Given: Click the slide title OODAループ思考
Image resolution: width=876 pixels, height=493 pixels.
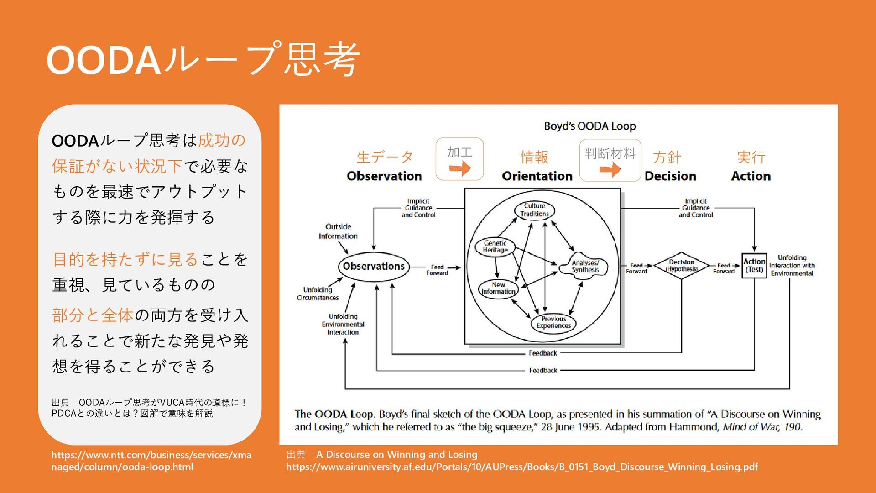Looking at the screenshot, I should (x=203, y=59).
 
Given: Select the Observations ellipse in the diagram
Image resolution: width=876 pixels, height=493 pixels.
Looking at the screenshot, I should (x=374, y=266).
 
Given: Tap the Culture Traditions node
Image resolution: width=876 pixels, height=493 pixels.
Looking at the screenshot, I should (x=535, y=210).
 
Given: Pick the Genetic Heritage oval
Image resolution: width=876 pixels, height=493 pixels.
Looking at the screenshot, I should (x=495, y=246).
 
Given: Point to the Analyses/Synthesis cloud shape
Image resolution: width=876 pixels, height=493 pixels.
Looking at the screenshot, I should (x=585, y=266).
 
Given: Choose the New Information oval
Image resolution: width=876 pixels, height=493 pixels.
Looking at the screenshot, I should (x=498, y=288).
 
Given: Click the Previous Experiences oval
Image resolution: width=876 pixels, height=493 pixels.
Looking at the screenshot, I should (x=553, y=323).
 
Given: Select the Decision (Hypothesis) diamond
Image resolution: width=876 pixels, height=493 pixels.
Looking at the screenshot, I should (x=681, y=266).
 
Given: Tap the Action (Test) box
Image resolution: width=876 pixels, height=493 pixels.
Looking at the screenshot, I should (x=754, y=266).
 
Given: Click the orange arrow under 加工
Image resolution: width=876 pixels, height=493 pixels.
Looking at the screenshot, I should (x=460, y=169).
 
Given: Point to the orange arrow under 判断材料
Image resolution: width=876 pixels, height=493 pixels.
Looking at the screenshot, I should (x=610, y=170).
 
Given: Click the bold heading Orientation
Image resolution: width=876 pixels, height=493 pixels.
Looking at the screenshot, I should (x=537, y=176).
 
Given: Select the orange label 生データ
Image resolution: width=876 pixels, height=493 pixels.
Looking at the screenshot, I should (x=385, y=157).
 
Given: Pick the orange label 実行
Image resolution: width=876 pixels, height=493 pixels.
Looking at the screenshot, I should (x=751, y=157).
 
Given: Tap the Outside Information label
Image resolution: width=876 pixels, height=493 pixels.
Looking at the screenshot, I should (x=338, y=231).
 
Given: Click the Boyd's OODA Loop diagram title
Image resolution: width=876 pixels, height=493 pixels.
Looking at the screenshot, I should (x=589, y=126).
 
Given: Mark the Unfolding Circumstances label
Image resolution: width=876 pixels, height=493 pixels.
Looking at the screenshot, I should (x=318, y=294).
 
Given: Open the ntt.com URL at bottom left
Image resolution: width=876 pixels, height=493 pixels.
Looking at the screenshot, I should (x=151, y=461).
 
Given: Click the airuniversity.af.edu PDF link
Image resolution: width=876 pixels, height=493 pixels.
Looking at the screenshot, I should (x=521, y=467).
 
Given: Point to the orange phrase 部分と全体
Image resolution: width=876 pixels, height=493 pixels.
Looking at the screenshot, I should (x=93, y=315).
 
